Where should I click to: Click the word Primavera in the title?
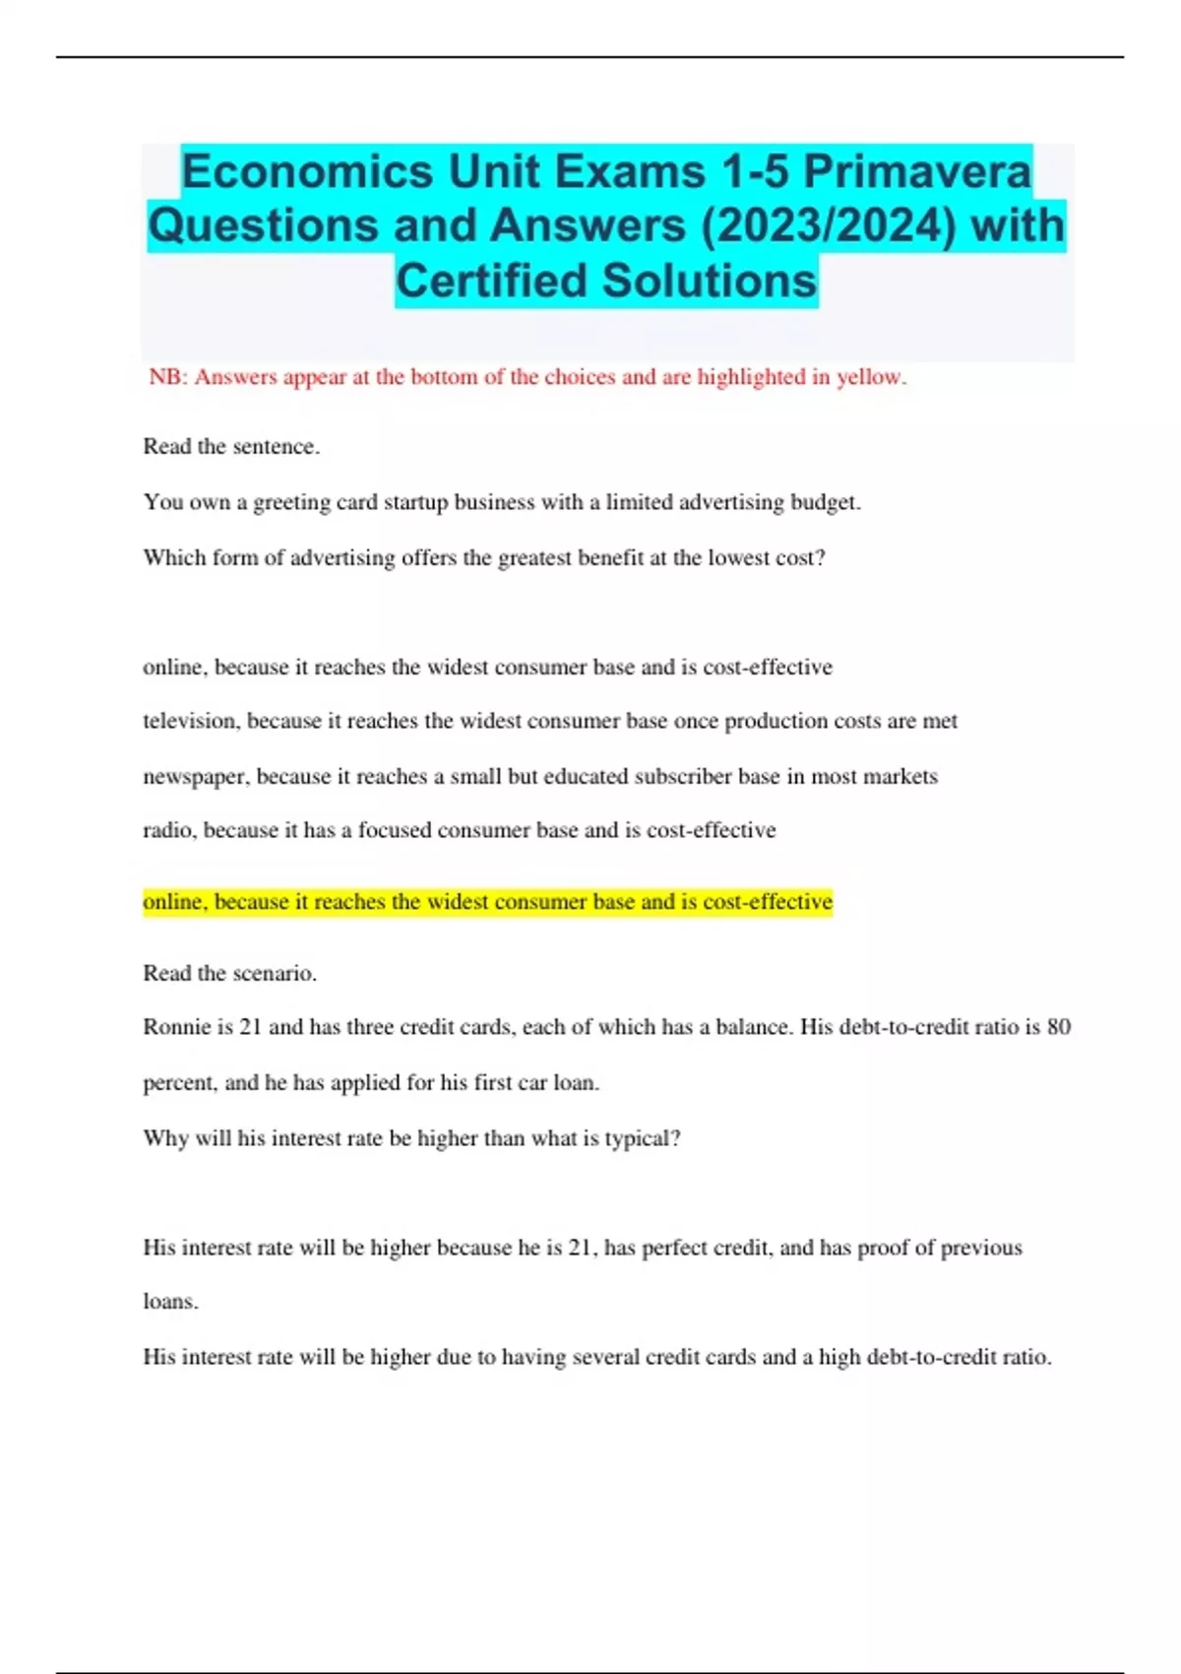click(917, 172)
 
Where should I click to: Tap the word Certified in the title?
click(491, 281)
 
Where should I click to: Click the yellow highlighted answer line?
click(487, 902)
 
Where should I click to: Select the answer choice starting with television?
click(549, 721)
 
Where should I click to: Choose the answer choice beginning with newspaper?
click(539, 776)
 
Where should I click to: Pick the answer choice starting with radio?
click(459, 830)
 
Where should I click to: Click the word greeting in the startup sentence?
click(291, 502)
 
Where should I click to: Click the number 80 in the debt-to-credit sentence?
click(1058, 1027)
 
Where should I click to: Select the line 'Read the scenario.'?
click(229, 973)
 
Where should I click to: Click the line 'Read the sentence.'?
click(231, 446)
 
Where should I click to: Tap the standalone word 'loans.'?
click(170, 1302)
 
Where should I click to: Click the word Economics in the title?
click(307, 172)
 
